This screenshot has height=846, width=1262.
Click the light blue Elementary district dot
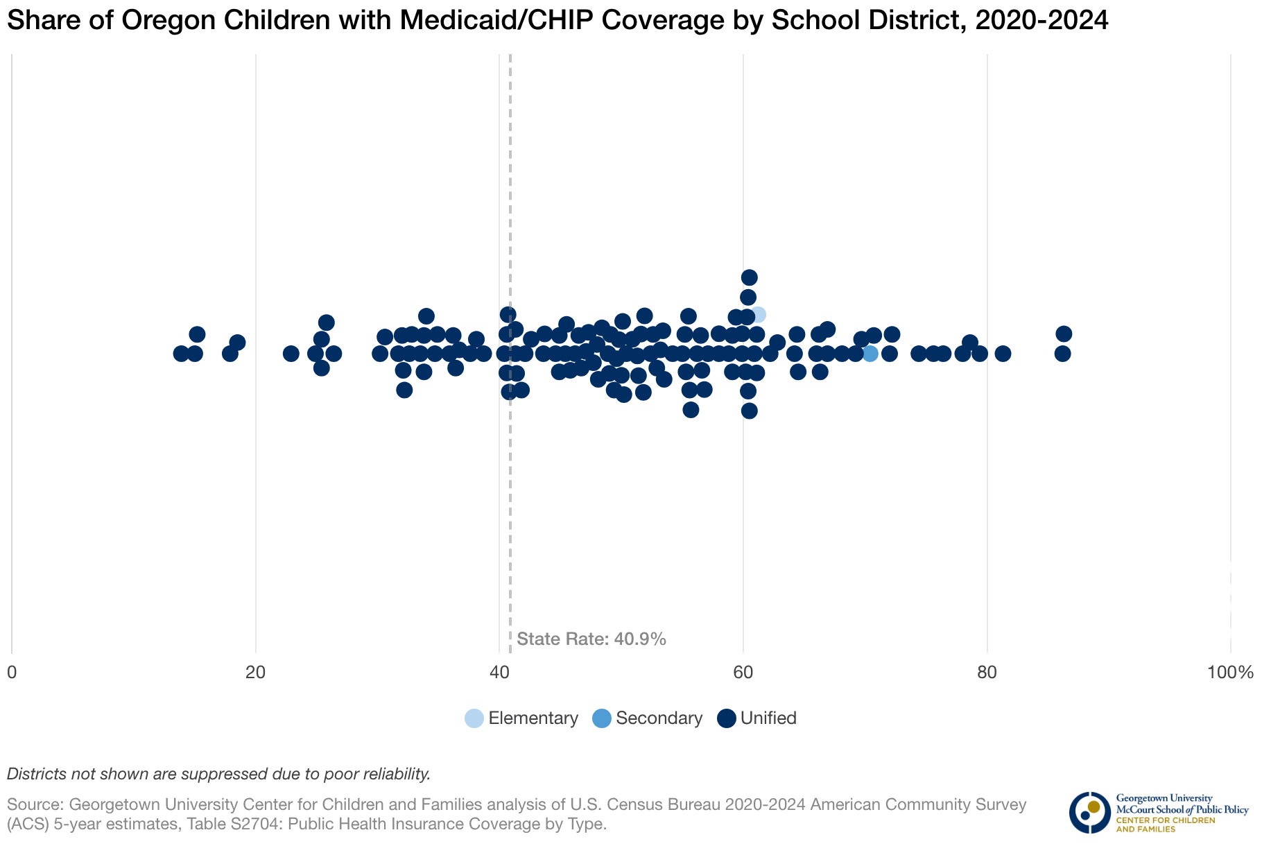(x=758, y=315)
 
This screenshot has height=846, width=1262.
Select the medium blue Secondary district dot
(x=870, y=354)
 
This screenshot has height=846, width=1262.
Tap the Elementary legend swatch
(x=474, y=718)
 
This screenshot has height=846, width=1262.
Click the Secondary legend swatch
(x=602, y=718)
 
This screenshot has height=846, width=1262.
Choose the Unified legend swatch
(x=726, y=718)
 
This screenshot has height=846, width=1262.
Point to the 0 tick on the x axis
(x=12, y=672)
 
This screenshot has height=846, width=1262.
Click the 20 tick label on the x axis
(x=256, y=672)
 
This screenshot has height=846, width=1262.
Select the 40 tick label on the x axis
(x=499, y=672)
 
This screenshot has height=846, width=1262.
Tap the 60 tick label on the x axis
(x=743, y=672)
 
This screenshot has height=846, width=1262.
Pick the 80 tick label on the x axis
(x=987, y=672)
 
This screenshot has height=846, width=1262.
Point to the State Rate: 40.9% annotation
(x=591, y=639)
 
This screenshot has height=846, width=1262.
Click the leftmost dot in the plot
(x=181, y=354)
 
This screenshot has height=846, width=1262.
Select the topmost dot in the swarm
(x=749, y=277)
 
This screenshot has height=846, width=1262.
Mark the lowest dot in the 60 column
(x=749, y=411)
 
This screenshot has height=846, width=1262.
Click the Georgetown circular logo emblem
(x=1089, y=812)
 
